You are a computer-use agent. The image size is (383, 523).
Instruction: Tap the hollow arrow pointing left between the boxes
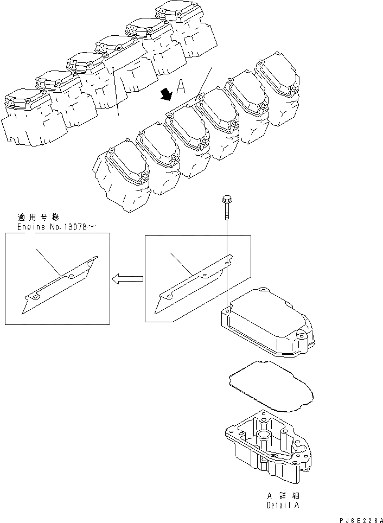126,279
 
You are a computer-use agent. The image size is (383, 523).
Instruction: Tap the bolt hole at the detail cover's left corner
227,312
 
